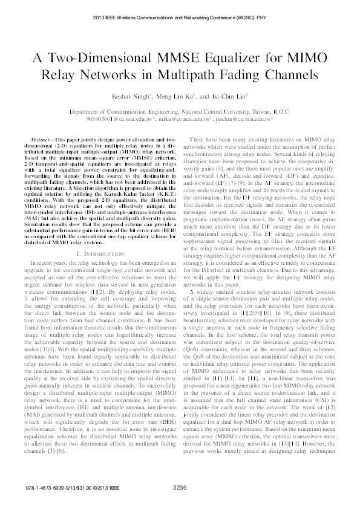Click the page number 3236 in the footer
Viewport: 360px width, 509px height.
pyautogui.click(x=180, y=488)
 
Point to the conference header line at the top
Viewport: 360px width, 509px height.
pyautogui.click(x=180, y=18)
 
